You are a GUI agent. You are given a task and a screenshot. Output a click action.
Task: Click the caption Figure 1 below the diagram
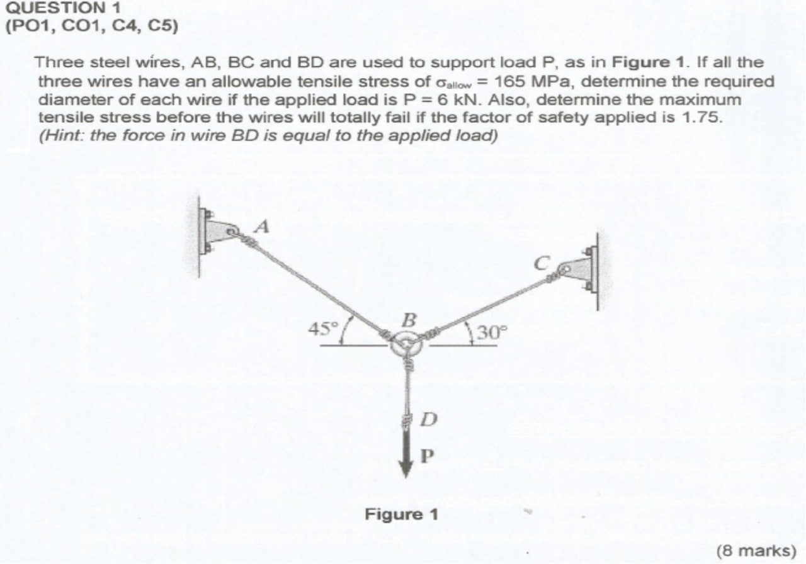402,514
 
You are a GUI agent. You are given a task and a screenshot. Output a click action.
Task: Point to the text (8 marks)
756,550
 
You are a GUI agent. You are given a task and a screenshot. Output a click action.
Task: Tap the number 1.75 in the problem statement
699,117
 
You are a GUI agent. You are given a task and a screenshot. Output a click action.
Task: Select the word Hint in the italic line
60,135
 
